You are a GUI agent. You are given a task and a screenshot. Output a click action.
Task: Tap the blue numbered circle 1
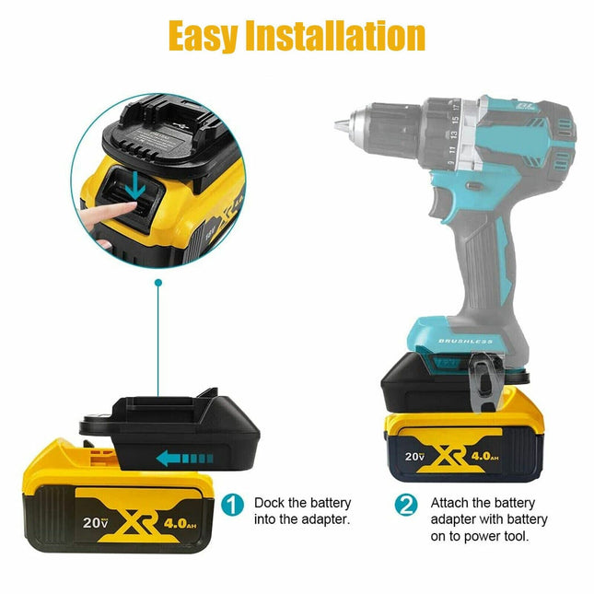[x=234, y=505]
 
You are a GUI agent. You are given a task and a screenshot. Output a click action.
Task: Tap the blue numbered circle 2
[x=406, y=505]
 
